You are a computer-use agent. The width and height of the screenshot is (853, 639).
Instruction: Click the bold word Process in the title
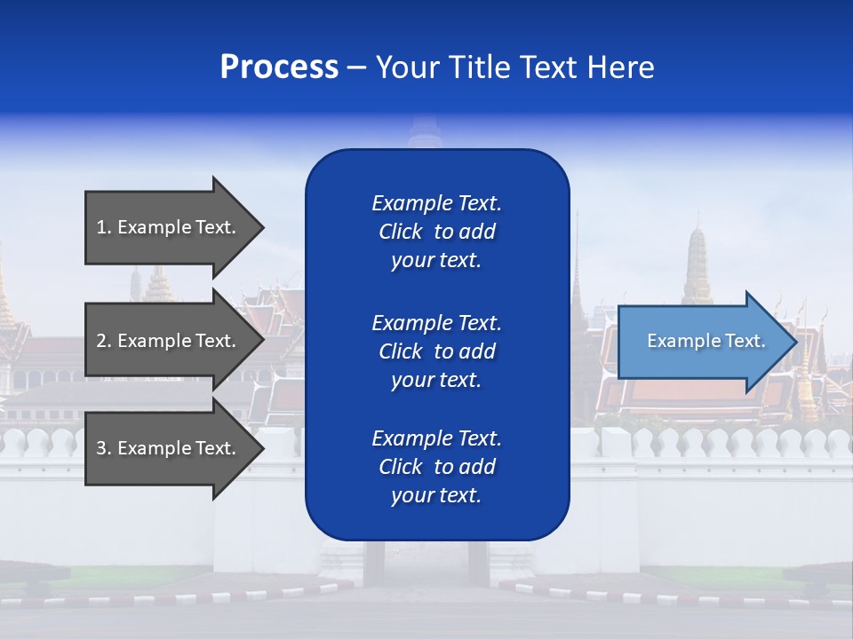(x=279, y=67)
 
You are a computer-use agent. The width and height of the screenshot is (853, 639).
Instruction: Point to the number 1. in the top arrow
(x=104, y=227)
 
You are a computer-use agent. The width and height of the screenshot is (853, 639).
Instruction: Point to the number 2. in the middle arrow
(x=104, y=341)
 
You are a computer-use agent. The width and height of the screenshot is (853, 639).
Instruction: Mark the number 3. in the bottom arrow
(x=104, y=448)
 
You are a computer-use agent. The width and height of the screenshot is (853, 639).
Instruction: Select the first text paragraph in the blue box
(x=436, y=232)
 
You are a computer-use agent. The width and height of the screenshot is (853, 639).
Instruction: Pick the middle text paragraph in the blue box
(x=436, y=351)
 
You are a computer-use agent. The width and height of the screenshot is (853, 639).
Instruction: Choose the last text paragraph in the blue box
(x=436, y=467)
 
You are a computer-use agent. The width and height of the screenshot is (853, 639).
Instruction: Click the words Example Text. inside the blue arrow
(x=706, y=341)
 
